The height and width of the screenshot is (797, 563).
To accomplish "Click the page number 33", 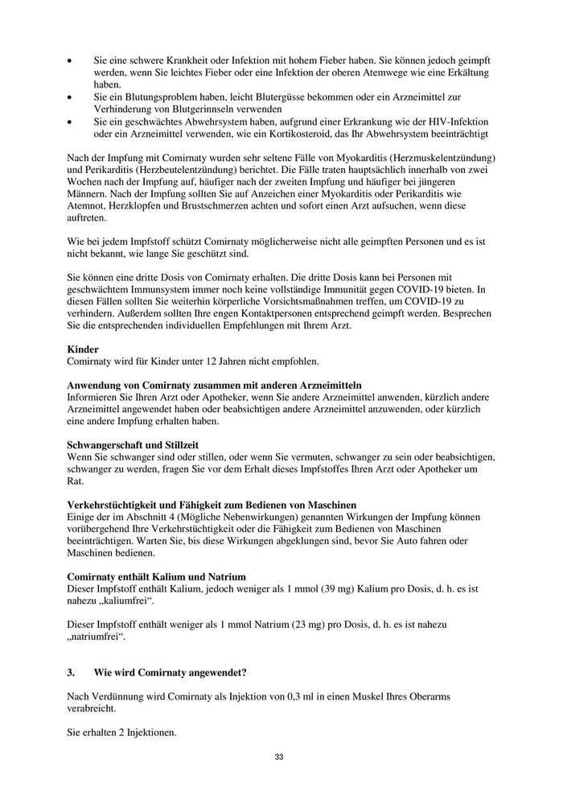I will pos(279,757).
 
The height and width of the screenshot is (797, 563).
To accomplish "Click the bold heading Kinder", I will pos(82,350).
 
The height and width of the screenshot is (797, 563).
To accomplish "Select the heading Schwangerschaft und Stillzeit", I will pos(133,444).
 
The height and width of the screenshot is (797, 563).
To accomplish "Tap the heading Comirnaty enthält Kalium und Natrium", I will pos(156,577).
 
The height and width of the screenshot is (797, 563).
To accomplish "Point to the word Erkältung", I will pos(459,73).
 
